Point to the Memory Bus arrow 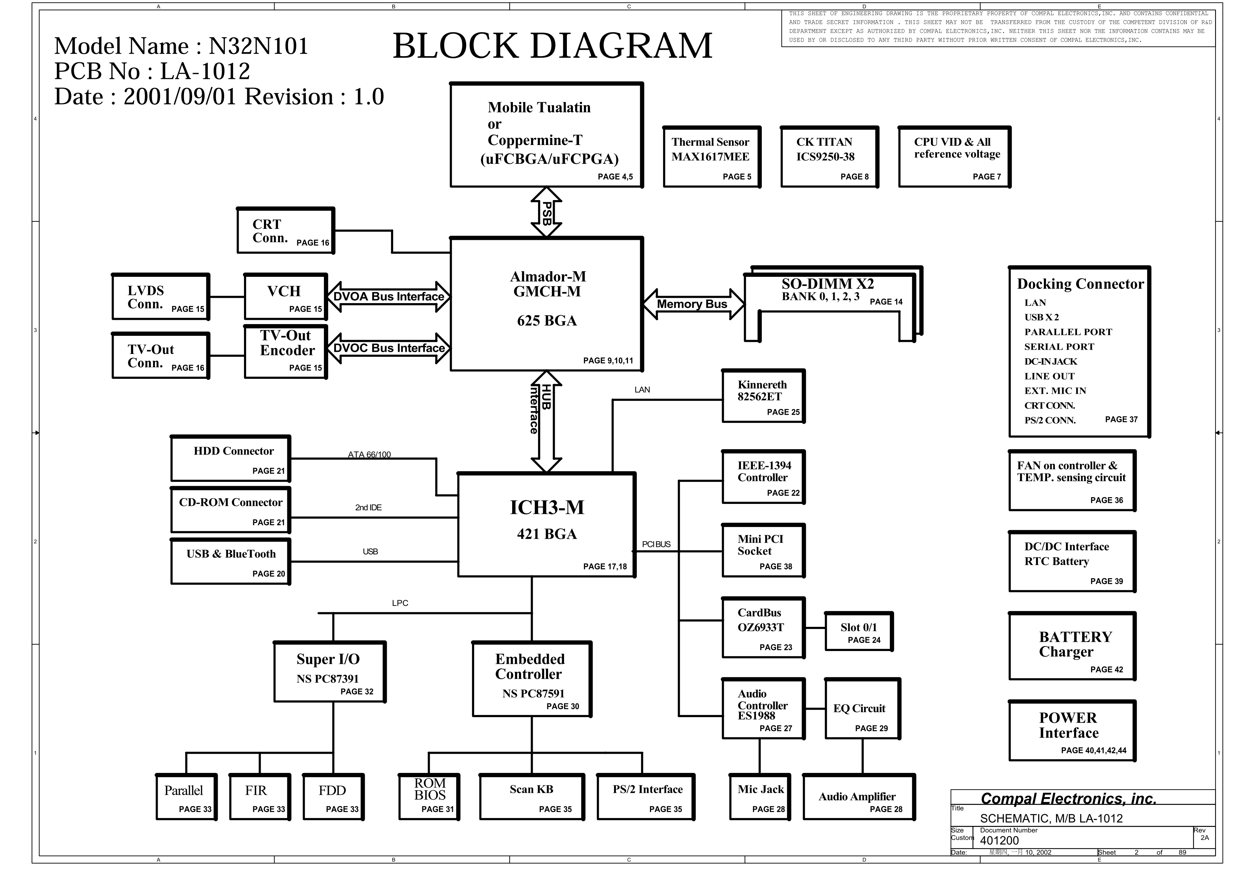(693, 304)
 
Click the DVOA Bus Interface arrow (389, 296)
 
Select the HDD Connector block (231, 459)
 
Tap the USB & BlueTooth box (231, 562)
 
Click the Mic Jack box (760, 797)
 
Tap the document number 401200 (999, 841)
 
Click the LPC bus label (400, 603)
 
